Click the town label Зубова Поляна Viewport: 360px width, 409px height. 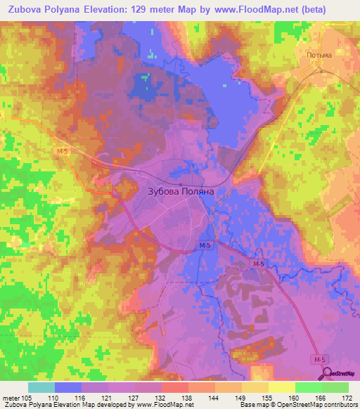pyautogui.click(x=180, y=190)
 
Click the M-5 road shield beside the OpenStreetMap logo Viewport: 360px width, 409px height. pyautogui.click(x=321, y=359)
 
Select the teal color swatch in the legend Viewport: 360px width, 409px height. pyautogui.click(x=41, y=387)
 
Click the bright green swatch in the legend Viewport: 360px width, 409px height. pyautogui.click(x=308, y=387)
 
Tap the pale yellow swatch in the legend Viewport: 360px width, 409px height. pyautogui.click(x=281, y=387)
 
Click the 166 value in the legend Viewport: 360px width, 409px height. pyautogui.click(x=321, y=397)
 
